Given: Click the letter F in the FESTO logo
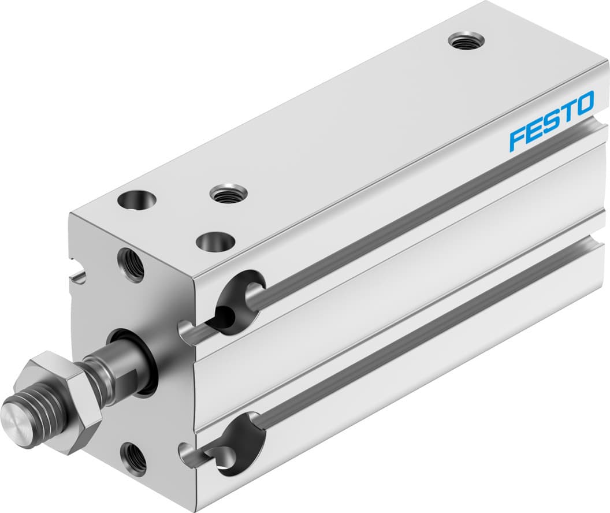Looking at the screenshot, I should [x=516, y=139].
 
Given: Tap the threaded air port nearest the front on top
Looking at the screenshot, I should [x=228, y=192].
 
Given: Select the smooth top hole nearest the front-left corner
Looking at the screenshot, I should [x=137, y=200].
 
